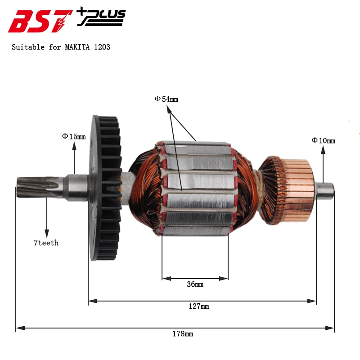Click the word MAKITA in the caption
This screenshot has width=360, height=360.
click(77, 47)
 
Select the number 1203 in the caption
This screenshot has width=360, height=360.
click(102, 47)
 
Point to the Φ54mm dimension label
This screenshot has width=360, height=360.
click(166, 99)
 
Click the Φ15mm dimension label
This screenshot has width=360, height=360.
click(74, 137)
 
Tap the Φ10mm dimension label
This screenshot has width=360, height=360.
click(323, 140)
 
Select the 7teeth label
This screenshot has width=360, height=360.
click(46, 243)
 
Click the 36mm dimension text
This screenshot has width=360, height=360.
click(195, 284)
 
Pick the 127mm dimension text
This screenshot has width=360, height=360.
click(199, 306)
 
